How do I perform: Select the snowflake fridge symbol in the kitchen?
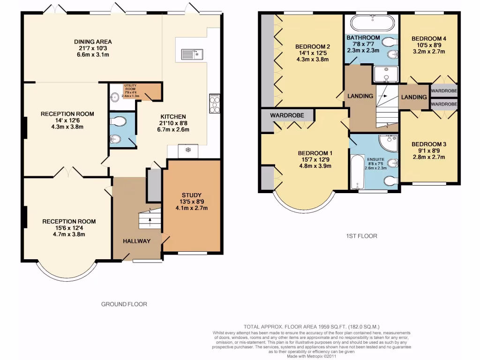coord(187,150)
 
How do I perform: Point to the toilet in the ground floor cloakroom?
coord(120,122)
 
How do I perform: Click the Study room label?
coord(191,195)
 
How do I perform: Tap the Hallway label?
coord(137,241)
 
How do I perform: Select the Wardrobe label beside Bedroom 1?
coord(287,115)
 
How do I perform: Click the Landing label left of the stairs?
coord(360,96)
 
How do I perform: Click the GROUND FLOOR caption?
coord(124,304)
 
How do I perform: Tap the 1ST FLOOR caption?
coord(359,236)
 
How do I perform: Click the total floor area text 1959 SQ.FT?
coord(311,326)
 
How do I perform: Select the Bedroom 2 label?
coord(313,46)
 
